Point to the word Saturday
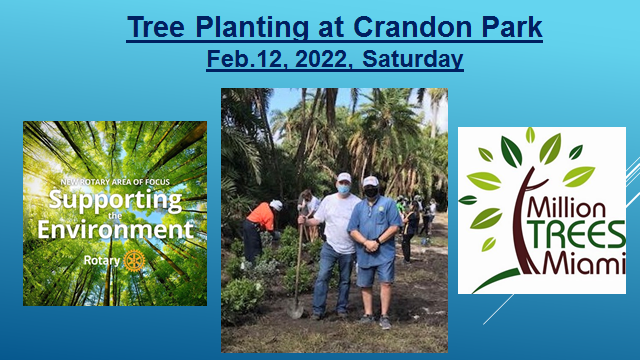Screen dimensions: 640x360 [412, 60]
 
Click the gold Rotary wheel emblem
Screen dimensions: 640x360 [134, 260]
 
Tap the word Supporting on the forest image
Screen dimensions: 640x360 [115, 200]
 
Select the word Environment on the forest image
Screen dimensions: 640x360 [115, 229]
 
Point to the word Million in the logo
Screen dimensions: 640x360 [566, 208]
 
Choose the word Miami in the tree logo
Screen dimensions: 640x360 [584, 263]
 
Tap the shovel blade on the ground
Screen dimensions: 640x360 [295, 310]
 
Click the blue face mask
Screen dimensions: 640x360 [344, 189]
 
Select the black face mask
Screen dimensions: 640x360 [371, 192]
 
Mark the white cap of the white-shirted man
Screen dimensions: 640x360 [344, 177]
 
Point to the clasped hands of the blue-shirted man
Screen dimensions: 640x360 [371, 245]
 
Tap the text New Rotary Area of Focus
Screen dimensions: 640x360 [115, 182]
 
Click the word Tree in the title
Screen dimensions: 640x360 [156, 27]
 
